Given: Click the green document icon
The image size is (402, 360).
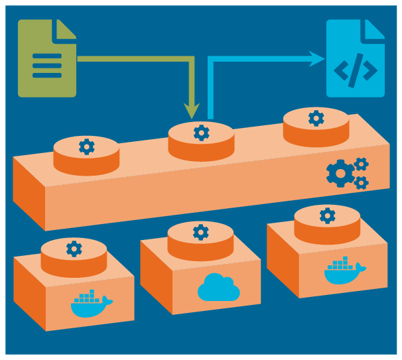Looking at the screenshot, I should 46,58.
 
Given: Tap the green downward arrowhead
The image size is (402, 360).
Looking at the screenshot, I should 192,112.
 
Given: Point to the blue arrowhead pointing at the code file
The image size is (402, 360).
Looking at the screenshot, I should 318,58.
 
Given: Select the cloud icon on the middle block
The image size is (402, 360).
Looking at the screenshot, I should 218,288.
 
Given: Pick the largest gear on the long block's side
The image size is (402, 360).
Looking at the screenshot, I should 340,174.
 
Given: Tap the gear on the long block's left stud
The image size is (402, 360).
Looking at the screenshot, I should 86,147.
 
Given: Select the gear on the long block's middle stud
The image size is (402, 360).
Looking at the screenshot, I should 201,133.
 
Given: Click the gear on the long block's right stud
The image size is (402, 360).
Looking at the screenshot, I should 316,118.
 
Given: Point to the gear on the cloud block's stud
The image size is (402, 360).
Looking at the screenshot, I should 200,232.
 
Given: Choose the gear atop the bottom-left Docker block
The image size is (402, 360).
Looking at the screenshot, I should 74,249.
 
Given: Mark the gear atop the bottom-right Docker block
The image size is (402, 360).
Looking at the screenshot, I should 327,215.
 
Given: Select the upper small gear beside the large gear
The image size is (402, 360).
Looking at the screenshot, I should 361,163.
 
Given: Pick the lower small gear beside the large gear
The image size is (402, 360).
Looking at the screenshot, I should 361,182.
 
